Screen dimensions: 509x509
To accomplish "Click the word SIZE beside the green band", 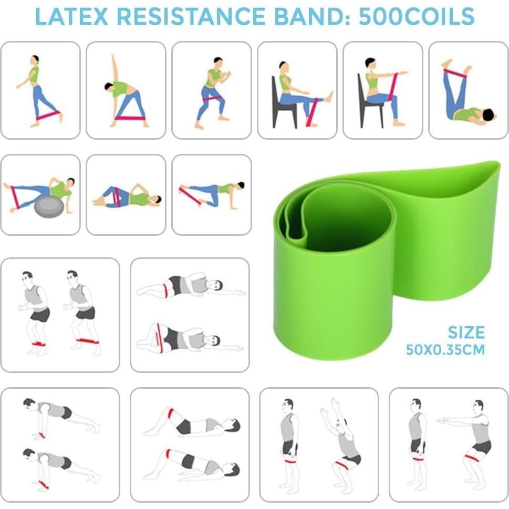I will (x=466, y=333).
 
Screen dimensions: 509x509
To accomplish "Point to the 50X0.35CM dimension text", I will (x=445, y=349).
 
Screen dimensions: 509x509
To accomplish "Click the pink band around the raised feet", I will (x=455, y=73).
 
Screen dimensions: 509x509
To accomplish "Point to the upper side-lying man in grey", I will (x=189, y=286).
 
